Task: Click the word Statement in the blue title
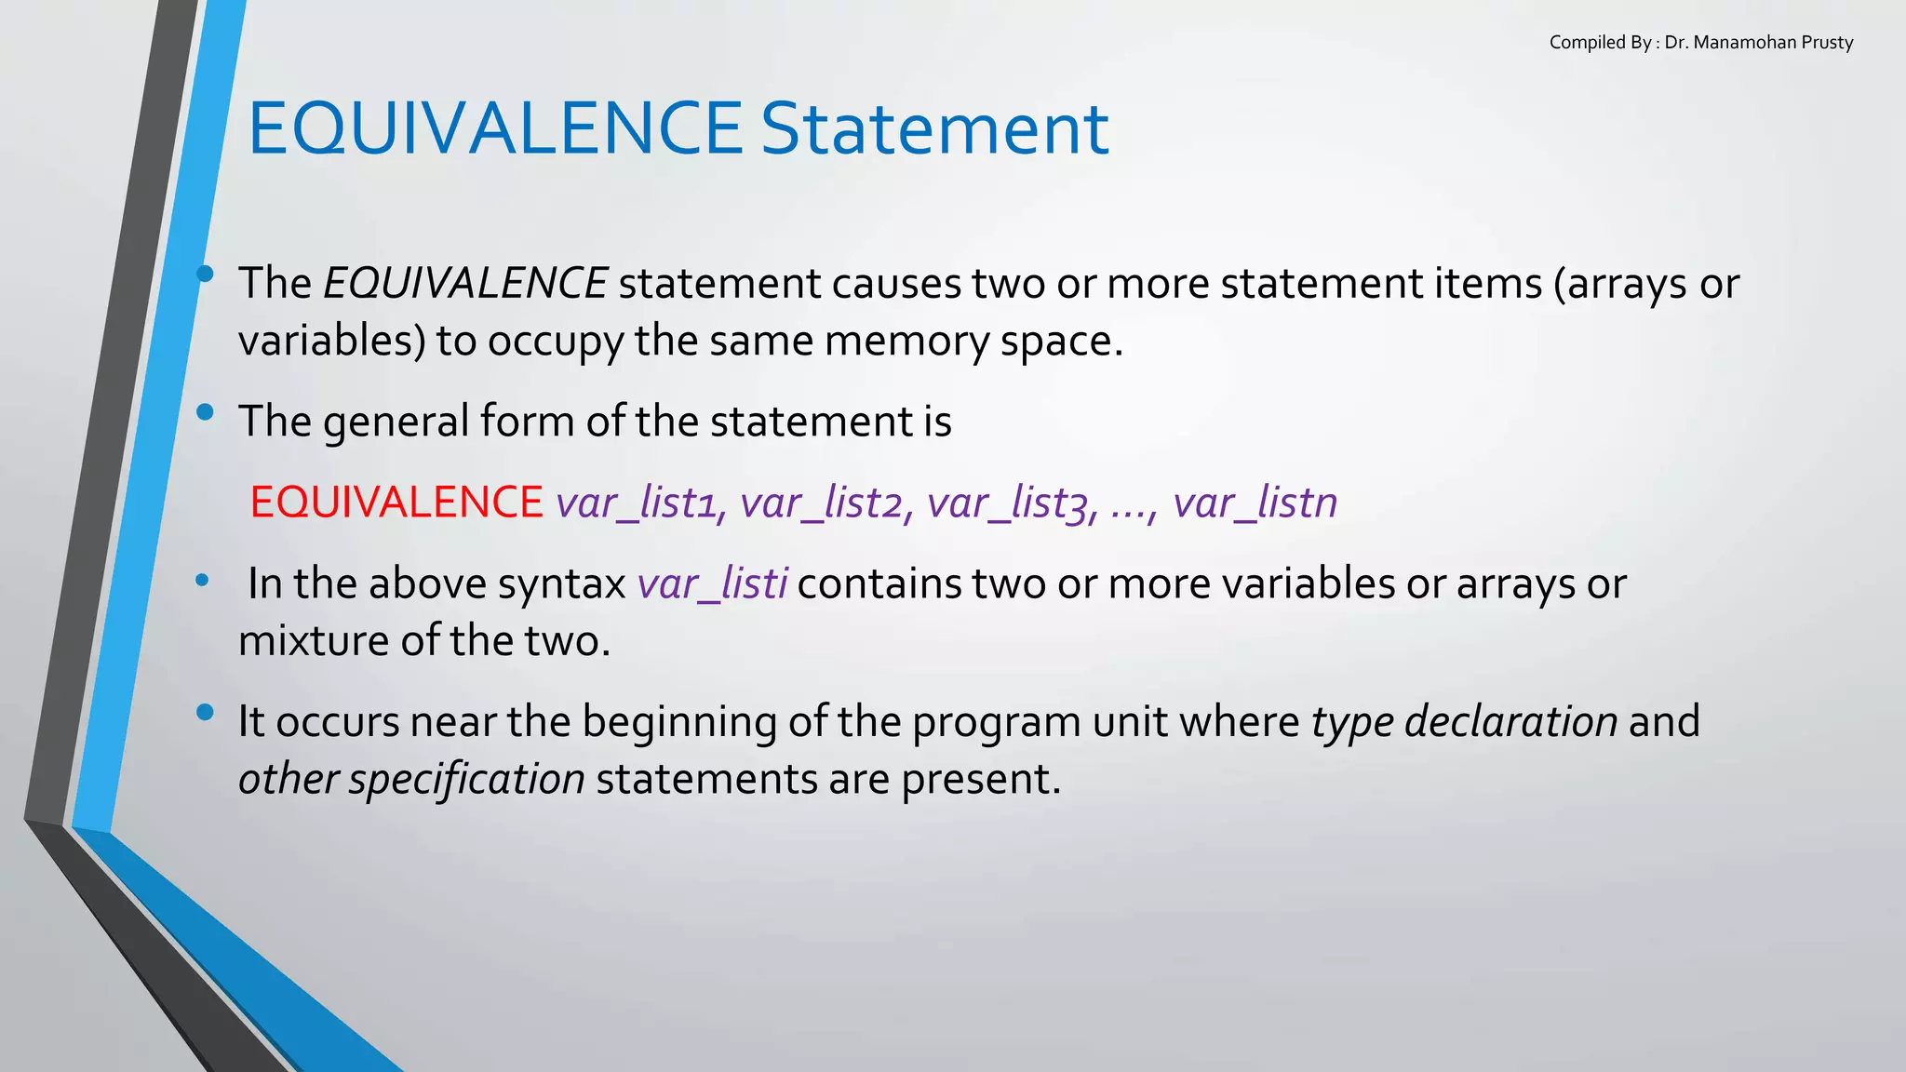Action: point(934,128)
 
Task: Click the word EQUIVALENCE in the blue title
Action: point(494,128)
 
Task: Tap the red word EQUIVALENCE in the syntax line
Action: point(396,502)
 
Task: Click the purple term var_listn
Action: point(1255,502)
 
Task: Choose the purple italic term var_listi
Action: point(713,583)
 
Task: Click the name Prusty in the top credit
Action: point(1827,43)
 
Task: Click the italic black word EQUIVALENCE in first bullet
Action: point(465,283)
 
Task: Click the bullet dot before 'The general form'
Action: point(206,411)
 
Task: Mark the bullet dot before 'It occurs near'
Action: point(206,714)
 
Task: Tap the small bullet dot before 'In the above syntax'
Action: point(202,581)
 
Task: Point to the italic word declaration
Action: point(1510,721)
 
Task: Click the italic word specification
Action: point(466,779)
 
